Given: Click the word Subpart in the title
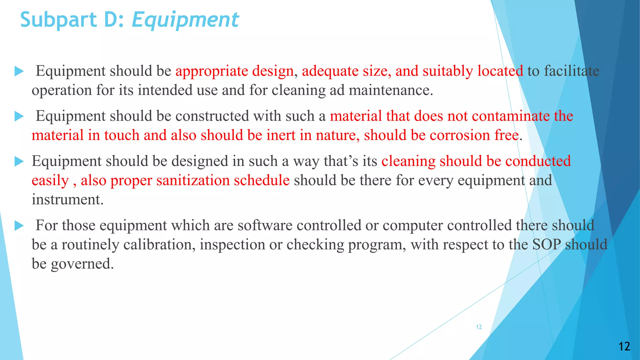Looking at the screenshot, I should (58, 20).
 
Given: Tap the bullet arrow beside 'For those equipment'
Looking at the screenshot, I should (19, 225).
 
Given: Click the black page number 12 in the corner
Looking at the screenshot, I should (624, 346).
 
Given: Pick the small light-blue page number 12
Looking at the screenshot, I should (479, 327).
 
